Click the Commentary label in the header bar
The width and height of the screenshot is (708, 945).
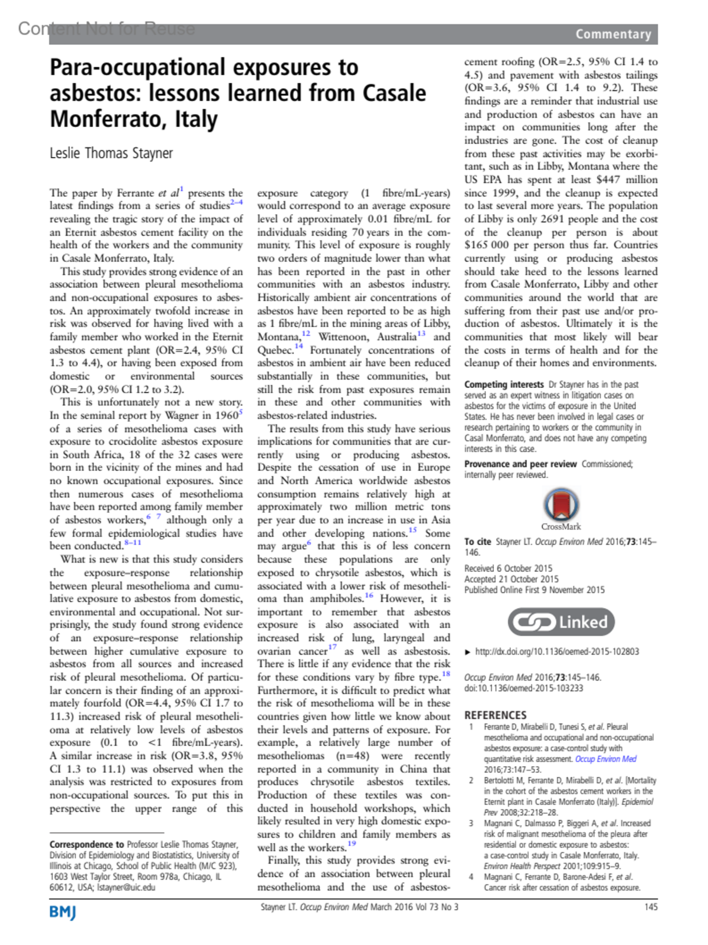point(613,34)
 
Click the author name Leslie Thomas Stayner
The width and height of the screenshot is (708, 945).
point(111,153)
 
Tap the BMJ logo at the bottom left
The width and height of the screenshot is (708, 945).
point(63,913)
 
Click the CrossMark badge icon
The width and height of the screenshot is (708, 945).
point(560,505)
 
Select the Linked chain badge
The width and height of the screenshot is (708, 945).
point(561,622)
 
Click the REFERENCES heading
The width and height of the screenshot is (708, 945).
point(495,715)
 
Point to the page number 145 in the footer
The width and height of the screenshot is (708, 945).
point(651,907)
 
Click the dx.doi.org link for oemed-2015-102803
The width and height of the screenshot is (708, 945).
point(556,652)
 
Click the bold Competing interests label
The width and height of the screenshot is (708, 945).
point(504,384)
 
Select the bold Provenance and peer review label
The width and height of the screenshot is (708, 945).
point(520,464)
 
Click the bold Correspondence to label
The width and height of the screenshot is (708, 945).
point(87,845)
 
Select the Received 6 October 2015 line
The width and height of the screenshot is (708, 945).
point(508,568)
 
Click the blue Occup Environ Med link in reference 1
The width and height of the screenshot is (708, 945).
point(605,759)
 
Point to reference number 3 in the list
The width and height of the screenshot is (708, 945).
point(471,823)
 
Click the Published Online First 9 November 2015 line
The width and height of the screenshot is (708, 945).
point(534,590)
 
